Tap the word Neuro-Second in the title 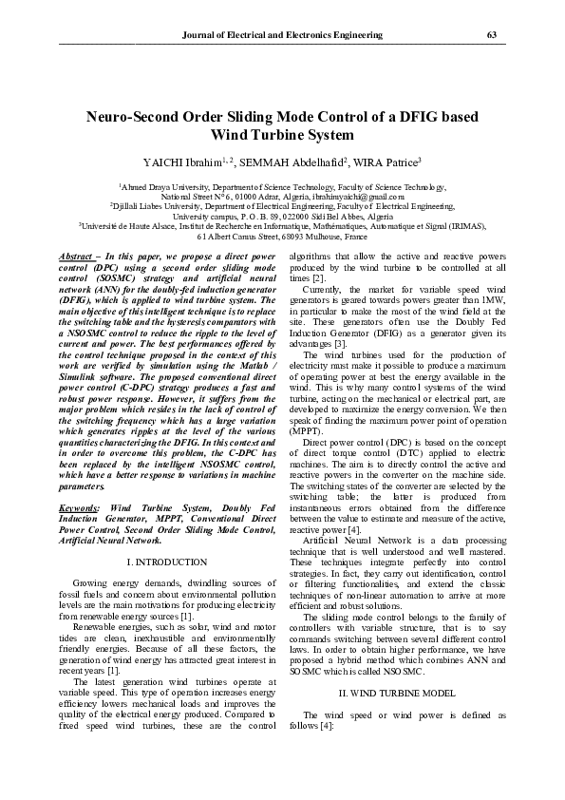pos(141,118)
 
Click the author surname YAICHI pos(165,162)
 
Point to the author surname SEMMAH pos(268,162)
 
